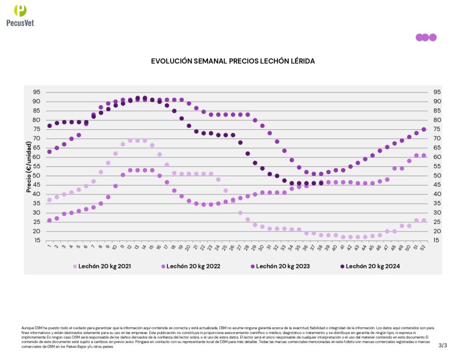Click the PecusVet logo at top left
(20, 15)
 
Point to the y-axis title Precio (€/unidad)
(29, 166)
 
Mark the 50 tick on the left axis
(36, 176)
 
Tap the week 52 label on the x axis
(424, 248)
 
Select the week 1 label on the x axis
(49, 248)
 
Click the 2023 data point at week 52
(424, 129)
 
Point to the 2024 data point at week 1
(50, 126)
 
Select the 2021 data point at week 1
(50, 200)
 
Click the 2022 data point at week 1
(50, 220)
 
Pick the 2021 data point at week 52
(424, 220)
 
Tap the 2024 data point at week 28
(248, 153)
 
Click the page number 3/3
(443, 345)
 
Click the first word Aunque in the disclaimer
(27, 328)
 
